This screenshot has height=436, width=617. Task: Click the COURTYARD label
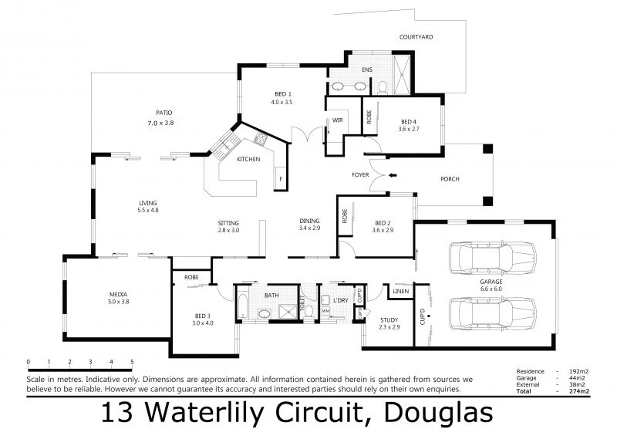point(416,37)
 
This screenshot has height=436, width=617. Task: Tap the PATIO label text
point(164,111)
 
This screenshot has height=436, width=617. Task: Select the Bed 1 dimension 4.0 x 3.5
point(282,102)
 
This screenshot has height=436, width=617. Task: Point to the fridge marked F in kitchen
point(281,179)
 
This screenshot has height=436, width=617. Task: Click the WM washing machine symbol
point(325,311)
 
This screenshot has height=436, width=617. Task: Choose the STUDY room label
point(389,320)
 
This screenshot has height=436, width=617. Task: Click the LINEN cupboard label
point(400,292)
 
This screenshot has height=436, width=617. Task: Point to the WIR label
point(337,120)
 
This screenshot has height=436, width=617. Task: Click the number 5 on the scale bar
point(132,362)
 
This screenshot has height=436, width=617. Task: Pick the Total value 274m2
point(579,391)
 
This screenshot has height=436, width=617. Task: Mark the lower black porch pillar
point(487,202)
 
